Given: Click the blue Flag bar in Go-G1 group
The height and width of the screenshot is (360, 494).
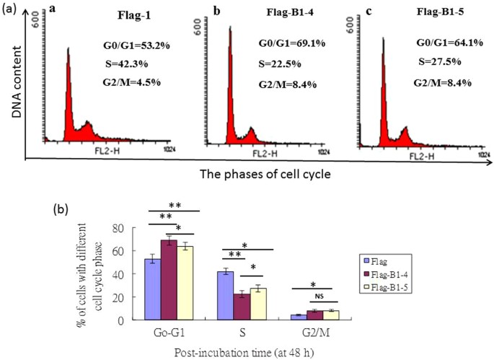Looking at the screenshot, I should click(152, 289).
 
